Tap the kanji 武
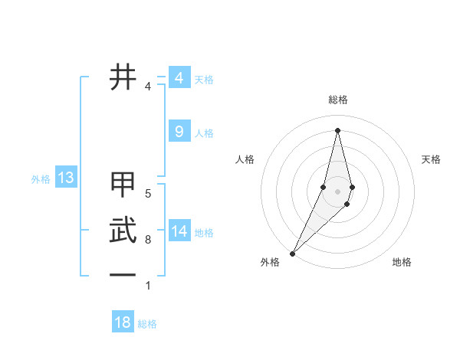coord(123,231)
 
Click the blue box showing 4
coord(179,78)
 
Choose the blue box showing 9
coord(179,132)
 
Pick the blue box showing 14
coord(179,231)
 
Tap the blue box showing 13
coord(66,178)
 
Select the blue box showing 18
coord(123,322)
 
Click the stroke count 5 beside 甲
coord(148,193)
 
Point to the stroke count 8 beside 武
coord(148,240)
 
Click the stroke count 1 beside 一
coord(148,286)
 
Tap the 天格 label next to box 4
coord(204,80)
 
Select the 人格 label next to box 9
coord(204,133)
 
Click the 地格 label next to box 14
coord(204,233)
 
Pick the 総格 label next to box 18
coord(147,324)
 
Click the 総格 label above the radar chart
coord(338,100)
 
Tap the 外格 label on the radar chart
coord(270,262)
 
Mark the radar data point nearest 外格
coord(292,253)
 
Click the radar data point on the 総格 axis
coord(337,129)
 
